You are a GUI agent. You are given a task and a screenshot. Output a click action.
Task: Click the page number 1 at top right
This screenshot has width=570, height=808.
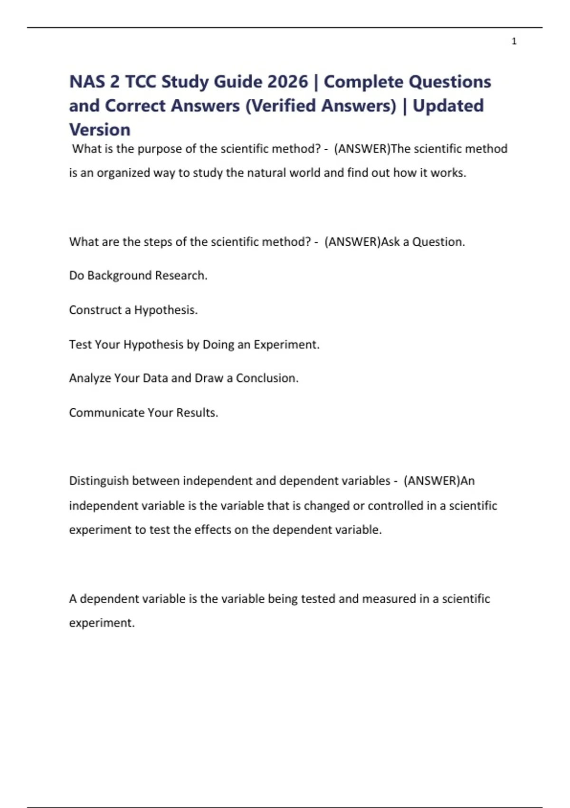514,41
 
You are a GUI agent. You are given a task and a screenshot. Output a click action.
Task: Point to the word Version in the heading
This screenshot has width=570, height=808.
100,130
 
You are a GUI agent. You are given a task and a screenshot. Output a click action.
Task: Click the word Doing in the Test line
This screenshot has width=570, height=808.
218,345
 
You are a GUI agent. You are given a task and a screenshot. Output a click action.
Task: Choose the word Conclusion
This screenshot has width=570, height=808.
267,378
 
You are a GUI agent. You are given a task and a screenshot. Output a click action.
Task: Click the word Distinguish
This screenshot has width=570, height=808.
99,481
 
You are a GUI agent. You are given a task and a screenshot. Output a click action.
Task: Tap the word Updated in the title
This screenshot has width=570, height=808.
448,106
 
